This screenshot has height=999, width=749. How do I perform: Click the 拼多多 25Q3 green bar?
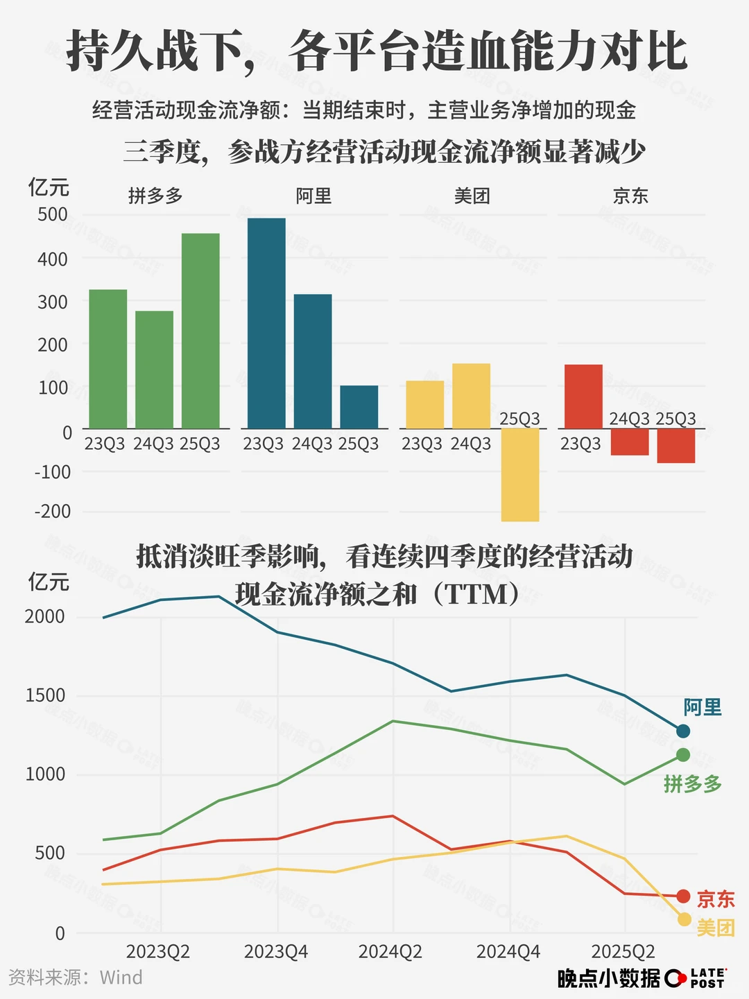coord(200,331)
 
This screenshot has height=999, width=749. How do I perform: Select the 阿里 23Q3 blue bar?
coord(266,323)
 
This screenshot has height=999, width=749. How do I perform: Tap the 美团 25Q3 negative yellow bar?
coord(519,475)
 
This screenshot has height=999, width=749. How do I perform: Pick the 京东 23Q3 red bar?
coord(583,397)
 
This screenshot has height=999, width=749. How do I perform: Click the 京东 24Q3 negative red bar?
coord(630,442)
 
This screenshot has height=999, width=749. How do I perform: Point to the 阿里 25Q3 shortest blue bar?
coord(359,407)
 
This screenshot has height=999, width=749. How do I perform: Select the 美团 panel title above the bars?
coord(472,196)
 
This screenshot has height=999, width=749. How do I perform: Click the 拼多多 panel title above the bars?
coord(155,196)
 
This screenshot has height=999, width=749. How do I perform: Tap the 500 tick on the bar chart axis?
coord(53,215)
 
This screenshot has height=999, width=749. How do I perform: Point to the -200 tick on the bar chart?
coord(53,512)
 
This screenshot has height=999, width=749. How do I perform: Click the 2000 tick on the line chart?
coord(45,616)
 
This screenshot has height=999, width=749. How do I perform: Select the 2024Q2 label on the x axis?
coord(390,952)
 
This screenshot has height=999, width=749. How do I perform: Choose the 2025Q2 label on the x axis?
coord(623,952)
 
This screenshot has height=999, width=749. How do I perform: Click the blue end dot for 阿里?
coord(683,731)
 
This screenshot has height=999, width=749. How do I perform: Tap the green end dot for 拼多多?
coord(683,755)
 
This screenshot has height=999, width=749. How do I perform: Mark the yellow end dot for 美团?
coord(685,919)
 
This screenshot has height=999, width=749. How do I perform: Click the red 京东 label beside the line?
coord(716,899)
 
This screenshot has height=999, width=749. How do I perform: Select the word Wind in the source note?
coord(121,978)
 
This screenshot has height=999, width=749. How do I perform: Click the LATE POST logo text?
coord(708,978)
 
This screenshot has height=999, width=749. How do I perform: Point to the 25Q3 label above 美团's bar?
coord(519,419)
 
